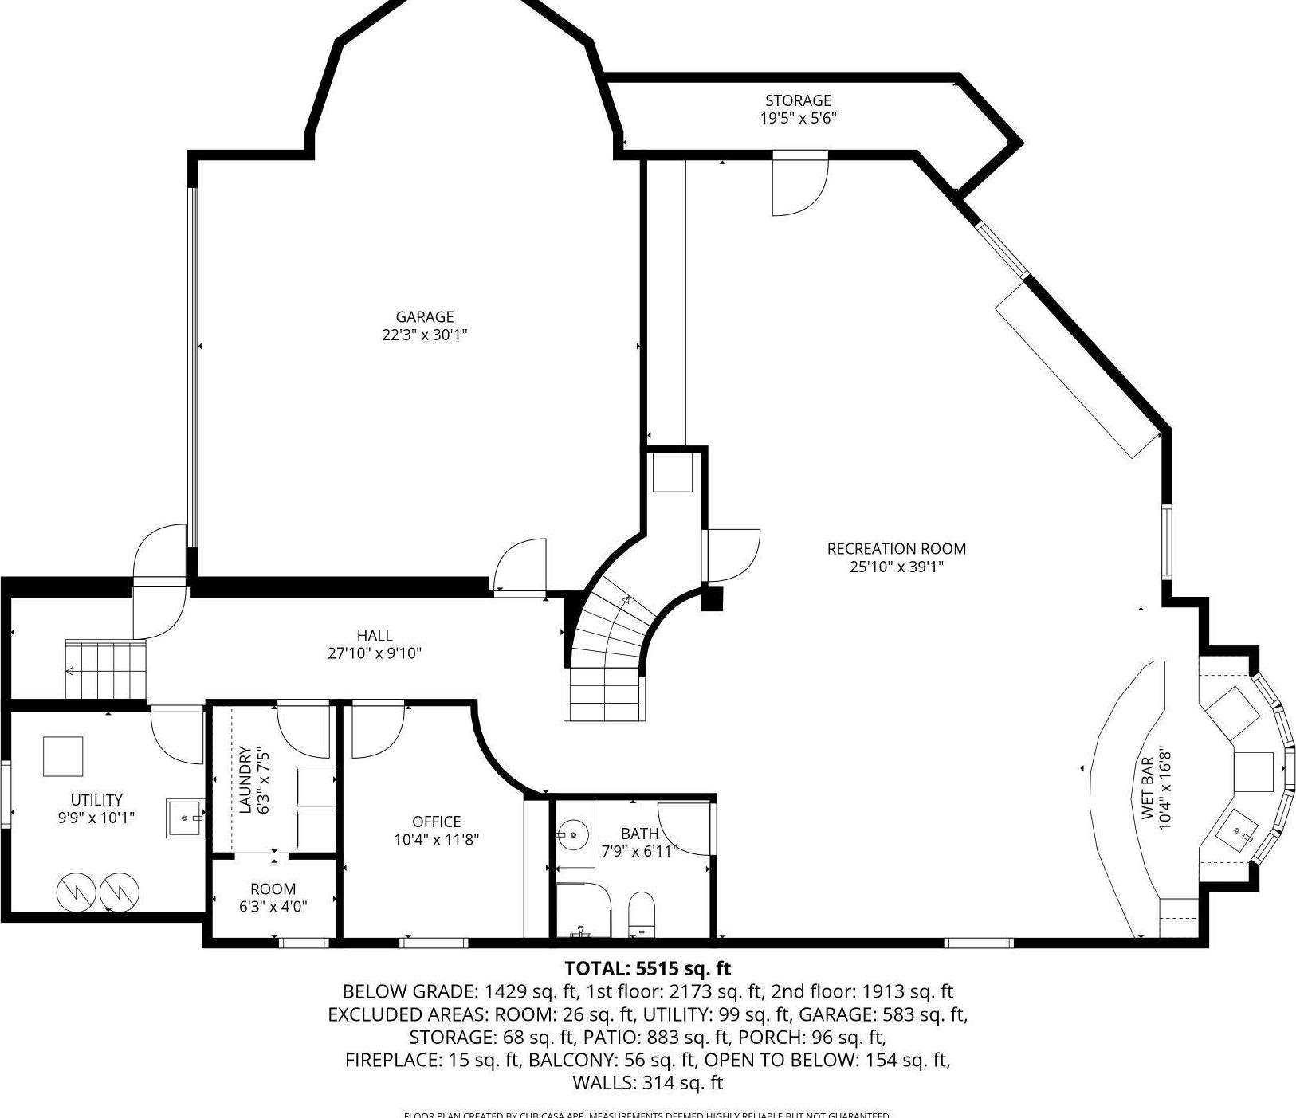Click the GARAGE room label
(x=424, y=316)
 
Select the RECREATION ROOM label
(x=896, y=548)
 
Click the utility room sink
(x=185, y=818)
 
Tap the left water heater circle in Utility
(x=77, y=894)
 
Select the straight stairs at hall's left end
(x=106, y=669)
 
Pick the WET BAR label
(x=1147, y=788)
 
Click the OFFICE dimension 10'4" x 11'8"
(x=436, y=839)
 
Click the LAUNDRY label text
(x=245, y=780)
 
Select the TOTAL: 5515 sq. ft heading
(x=647, y=969)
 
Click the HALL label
(x=375, y=635)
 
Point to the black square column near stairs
(x=711, y=598)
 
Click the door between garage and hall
(x=520, y=567)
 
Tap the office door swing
(x=377, y=729)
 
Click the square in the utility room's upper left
(x=63, y=756)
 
